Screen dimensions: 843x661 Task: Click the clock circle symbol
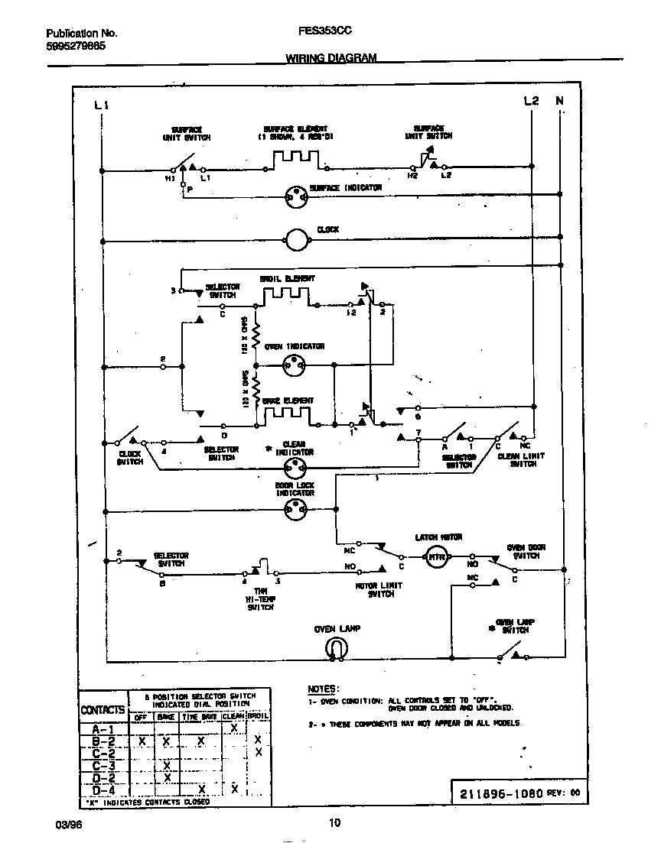click(x=295, y=241)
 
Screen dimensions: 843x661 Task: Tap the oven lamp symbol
click(x=334, y=648)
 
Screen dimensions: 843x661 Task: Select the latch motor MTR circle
click(x=436, y=556)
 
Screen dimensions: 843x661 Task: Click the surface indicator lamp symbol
click(x=295, y=196)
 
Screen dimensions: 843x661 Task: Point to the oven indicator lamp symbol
click(x=295, y=365)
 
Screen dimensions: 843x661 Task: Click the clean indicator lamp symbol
click(x=295, y=471)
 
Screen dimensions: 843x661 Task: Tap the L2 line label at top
click(x=532, y=101)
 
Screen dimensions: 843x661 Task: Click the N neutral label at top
click(x=559, y=101)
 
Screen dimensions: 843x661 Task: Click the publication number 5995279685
click(x=76, y=46)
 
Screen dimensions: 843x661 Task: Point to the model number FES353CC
click(x=319, y=33)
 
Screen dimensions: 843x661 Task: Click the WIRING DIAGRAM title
click(x=331, y=58)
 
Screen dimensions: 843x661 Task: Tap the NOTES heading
click(x=323, y=689)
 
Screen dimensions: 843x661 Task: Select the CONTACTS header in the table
click(x=103, y=710)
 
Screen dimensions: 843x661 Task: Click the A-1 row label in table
click(x=103, y=730)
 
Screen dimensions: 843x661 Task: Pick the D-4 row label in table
click(x=103, y=790)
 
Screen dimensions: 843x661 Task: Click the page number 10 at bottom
click(x=334, y=823)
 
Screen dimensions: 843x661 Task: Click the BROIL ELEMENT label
click(x=287, y=280)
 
